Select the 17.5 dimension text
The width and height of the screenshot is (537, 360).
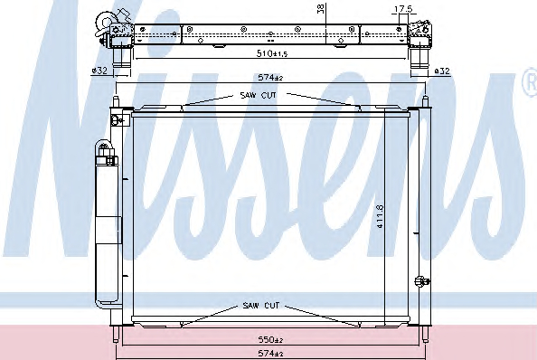403,9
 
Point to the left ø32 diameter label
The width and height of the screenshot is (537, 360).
99,71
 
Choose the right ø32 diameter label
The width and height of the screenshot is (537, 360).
442,71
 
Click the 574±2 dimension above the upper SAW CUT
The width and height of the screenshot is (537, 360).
270,78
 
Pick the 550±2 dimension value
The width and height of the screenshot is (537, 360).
270,340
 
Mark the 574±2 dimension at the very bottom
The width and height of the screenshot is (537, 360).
270,353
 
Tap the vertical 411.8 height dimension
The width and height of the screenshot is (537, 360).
380,216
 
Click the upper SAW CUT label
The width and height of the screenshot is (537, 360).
258,95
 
